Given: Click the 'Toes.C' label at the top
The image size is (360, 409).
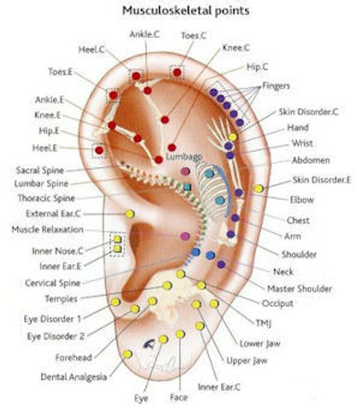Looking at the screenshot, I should [194, 36].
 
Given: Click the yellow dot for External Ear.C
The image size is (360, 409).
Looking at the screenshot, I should [129, 214].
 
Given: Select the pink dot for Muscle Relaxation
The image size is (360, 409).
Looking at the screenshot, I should [183, 235].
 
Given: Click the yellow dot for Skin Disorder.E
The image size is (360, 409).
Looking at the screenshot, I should [259, 188].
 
